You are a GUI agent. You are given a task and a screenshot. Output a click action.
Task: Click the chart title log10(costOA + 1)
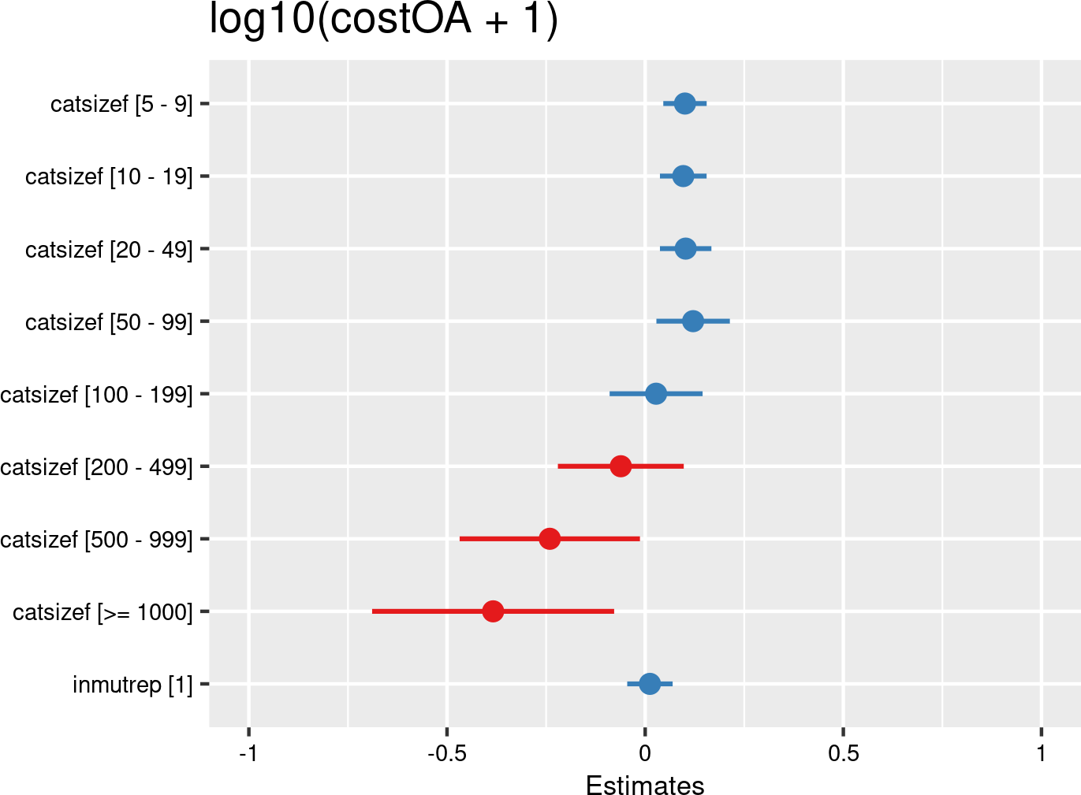tap(383, 19)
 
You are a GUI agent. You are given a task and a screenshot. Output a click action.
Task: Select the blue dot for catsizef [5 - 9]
tap(684, 103)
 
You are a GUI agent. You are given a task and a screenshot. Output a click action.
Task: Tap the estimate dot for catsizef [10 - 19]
tap(683, 176)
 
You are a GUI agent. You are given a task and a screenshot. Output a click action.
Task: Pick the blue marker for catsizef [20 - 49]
tap(685, 249)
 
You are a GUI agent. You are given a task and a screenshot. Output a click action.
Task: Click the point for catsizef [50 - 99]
tap(692, 321)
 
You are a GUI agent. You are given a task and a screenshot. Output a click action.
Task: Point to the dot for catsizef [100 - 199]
tap(655, 394)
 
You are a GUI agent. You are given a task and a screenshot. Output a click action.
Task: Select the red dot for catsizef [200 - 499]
tap(621, 466)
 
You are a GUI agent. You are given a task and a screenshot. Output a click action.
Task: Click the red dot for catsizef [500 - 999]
tap(550, 539)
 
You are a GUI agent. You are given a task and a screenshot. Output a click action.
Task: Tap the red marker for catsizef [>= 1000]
tap(493, 611)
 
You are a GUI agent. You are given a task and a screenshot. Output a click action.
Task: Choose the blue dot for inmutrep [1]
tap(649, 684)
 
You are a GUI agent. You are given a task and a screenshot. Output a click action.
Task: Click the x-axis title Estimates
tap(645, 786)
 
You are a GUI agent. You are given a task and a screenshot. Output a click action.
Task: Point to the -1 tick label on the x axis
tap(248, 753)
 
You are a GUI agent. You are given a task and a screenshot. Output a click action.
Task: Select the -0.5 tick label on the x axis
tap(446, 753)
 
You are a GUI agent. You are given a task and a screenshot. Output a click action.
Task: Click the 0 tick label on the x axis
tap(645, 753)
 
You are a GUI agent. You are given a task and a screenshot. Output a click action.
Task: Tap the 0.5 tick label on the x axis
tap(843, 753)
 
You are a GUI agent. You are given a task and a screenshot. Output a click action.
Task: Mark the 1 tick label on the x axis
tap(1042, 753)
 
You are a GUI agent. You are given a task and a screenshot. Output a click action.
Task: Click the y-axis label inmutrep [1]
tap(132, 685)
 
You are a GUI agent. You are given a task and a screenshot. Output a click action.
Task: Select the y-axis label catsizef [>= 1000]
tap(103, 612)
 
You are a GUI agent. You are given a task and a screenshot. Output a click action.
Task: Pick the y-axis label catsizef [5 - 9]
tap(121, 104)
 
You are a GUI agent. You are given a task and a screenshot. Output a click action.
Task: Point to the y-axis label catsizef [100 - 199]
tap(96, 395)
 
